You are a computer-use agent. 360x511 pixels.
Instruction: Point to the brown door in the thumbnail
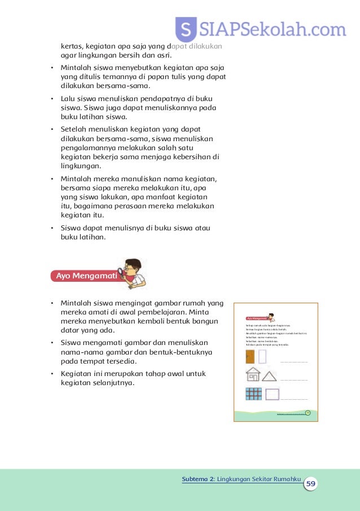[x=249, y=357]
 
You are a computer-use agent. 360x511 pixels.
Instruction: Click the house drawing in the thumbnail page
[x=252, y=375]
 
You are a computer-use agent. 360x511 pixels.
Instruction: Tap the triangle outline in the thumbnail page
[x=270, y=375]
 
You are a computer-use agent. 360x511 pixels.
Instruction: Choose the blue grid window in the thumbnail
[x=253, y=394]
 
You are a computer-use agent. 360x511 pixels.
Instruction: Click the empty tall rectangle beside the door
[x=262, y=357]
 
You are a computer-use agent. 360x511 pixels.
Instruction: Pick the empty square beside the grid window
[x=272, y=394]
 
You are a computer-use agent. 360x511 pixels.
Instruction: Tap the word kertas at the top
[x=72, y=46]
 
